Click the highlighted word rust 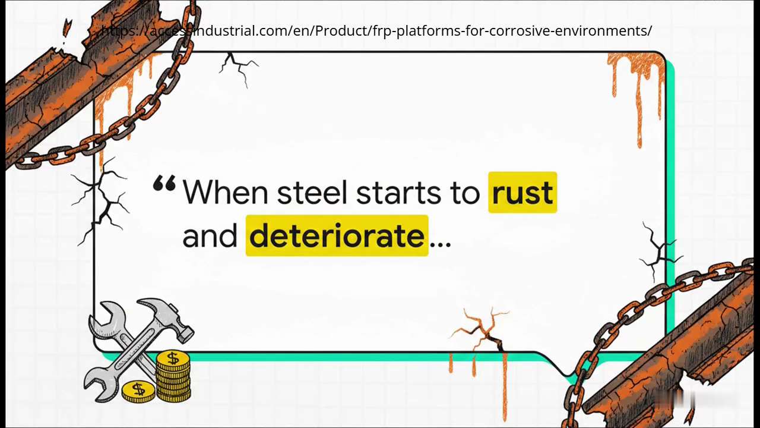click(x=522, y=193)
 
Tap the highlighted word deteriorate click(x=337, y=236)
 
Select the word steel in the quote click(x=312, y=193)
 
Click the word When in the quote click(x=225, y=193)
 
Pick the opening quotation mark click(x=164, y=184)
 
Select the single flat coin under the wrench click(x=138, y=391)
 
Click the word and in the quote click(x=210, y=236)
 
